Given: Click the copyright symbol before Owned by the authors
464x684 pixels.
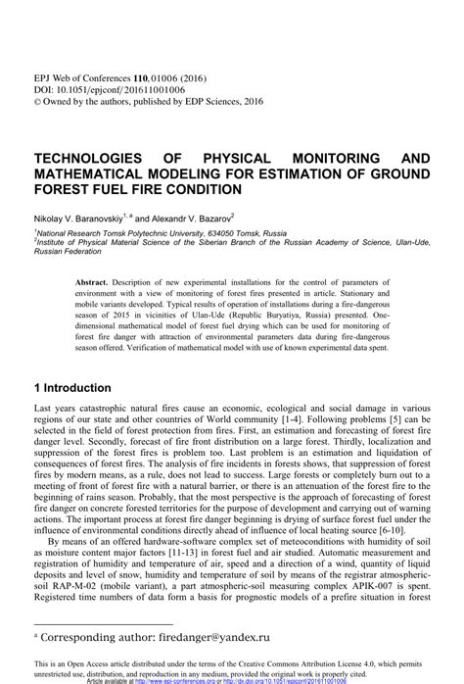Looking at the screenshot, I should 38,99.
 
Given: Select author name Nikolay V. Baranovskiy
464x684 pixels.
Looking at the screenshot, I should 76,218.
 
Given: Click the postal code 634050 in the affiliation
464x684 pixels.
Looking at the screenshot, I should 217,235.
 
